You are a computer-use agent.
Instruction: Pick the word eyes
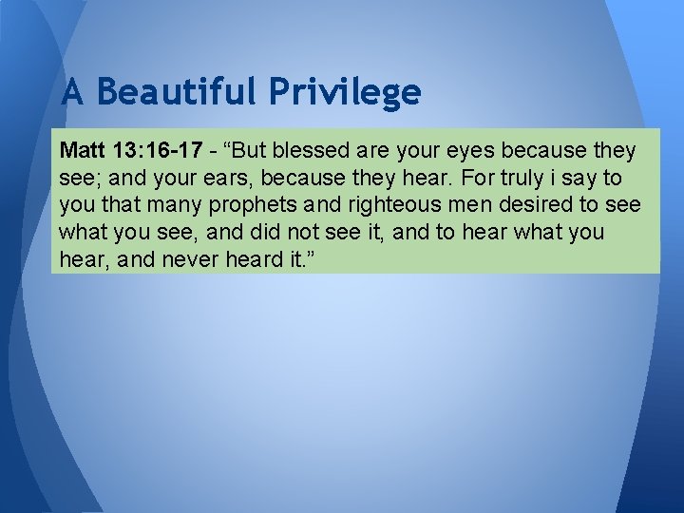(x=472, y=151)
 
